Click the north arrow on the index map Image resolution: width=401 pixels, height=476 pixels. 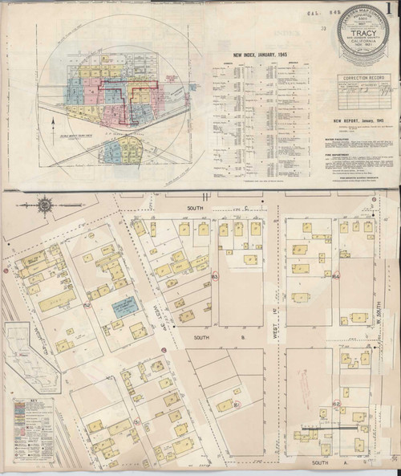52,126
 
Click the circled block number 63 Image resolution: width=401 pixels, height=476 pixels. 215,278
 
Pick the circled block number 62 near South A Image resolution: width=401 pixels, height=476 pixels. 336,403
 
